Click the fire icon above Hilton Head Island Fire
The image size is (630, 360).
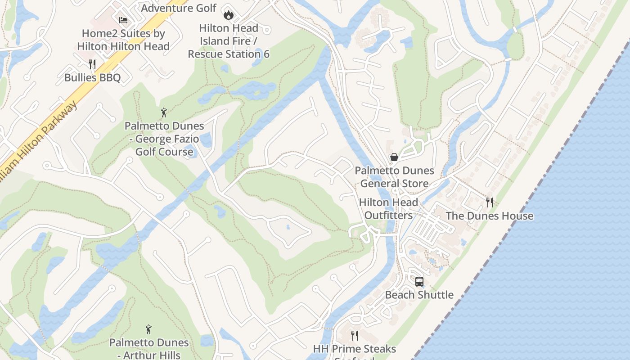(229, 15)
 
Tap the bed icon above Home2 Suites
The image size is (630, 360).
(123, 20)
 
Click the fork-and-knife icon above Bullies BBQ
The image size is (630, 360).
(92, 64)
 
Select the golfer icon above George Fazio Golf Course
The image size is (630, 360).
(164, 112)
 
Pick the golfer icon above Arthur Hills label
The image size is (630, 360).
(148, 330)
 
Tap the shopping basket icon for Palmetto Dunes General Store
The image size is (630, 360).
(394, 157)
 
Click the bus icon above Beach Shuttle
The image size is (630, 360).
(419, 282)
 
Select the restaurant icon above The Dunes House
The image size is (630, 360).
(490, 202)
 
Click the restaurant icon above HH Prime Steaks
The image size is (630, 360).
(355, 336)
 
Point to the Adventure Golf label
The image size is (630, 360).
(179, 8)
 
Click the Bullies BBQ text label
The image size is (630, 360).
(92, 77)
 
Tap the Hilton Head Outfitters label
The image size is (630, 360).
(388, 209)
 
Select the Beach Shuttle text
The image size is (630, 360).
(419, 295)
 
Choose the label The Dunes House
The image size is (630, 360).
(490, 216)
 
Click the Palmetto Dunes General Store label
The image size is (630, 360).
(394, 177)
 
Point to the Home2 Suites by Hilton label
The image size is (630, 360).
(123, 40)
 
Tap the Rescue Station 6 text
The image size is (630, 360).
(229, 54)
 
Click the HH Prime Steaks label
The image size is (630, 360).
(355, 349)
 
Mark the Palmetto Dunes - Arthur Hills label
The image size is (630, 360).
(148, 348)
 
